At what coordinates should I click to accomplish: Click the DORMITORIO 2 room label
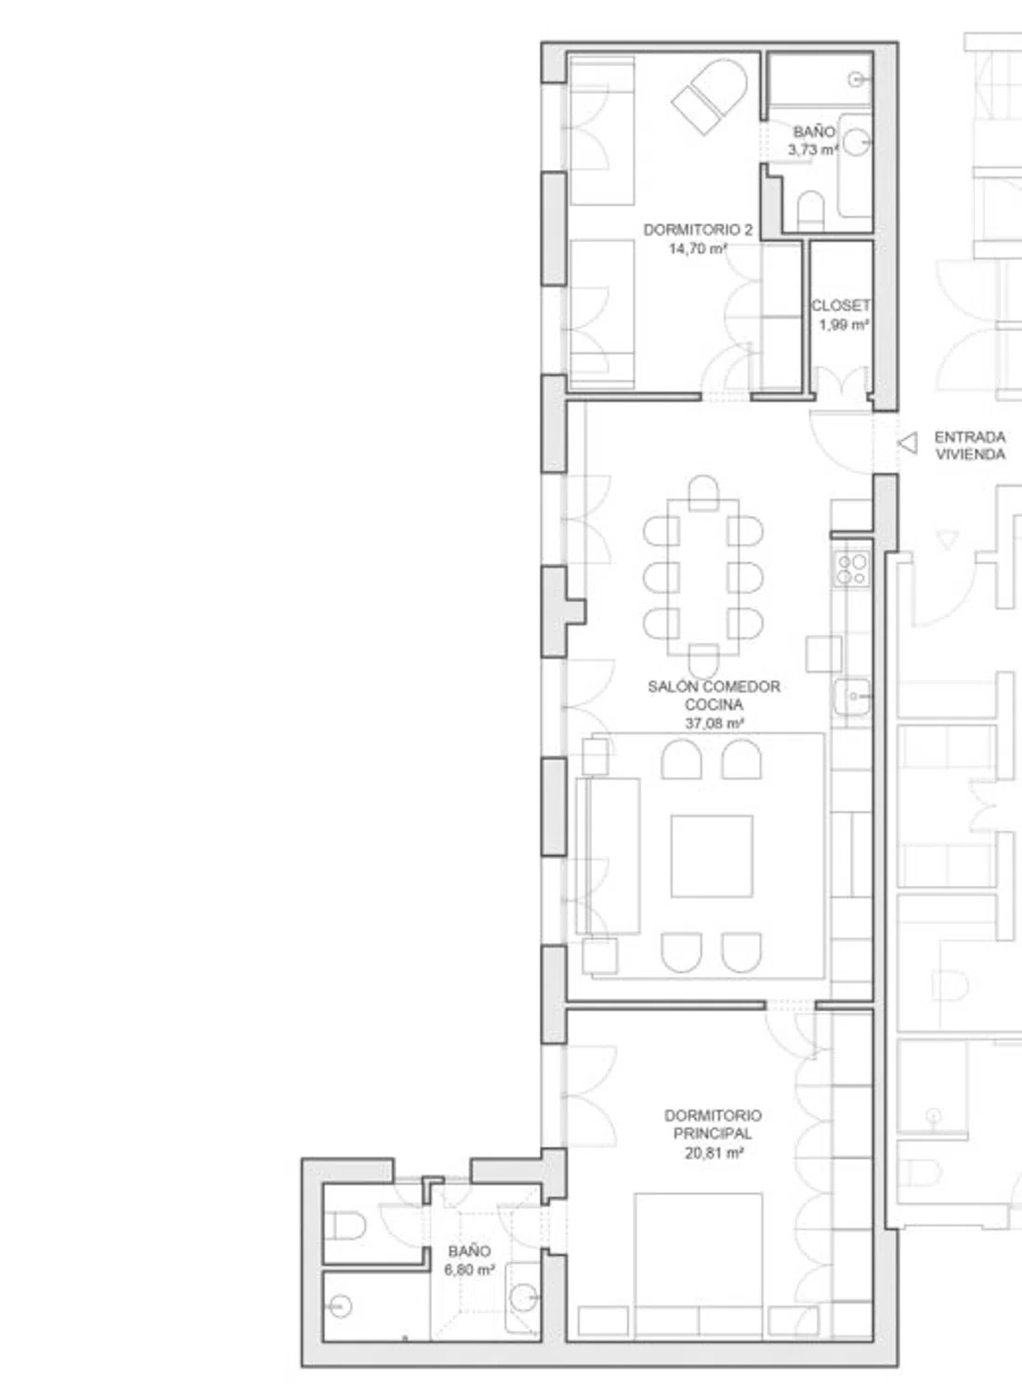(x=698, y=230)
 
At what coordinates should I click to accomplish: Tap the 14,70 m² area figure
(x=698, y=249)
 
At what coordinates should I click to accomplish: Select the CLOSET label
(x=841, y=306)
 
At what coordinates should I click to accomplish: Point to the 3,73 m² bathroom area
(x=813, y=150)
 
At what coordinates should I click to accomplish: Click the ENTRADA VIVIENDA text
(x=970, y=445)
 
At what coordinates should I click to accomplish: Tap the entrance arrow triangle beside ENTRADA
(x=907, y=443)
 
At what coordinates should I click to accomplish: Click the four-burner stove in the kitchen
(x=852, y=570)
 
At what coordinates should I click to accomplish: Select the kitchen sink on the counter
(x=852, y=696)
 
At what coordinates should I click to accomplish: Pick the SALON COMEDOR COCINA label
(x=714, y=695)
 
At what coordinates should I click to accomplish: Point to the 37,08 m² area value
(x=714, y=723)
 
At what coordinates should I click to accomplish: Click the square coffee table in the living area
(x=712, y=856)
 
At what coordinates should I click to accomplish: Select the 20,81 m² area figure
(x=714, y=1153)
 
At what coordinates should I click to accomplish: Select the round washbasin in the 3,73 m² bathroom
(x=856, y=142)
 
